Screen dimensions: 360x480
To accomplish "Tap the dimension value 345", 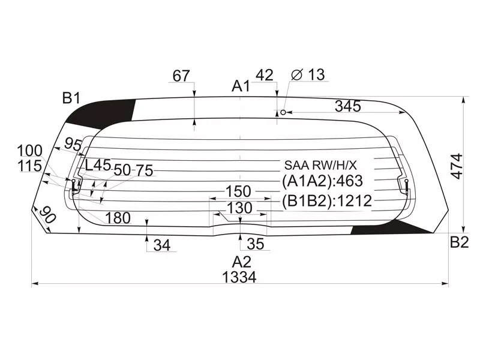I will click(x=348, y=106).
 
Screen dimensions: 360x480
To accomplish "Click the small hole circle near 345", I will click(x=283, y=112).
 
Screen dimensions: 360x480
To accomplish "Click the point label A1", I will click(x=241, y=86).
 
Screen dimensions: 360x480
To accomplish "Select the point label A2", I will click(x=241, y=262).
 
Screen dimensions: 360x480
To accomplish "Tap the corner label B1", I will click(x=71, y=97).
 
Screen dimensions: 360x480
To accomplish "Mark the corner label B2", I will click(x=459, y=242).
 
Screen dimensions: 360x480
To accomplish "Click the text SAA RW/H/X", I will click(x=320, y=164).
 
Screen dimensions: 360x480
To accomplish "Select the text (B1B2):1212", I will click(x=327, y=200).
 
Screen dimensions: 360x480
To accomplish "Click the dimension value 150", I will click(x=238, y=191).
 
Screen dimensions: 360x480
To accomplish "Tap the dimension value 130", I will click(x=239, y=208).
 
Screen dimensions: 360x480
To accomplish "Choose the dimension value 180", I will click(x=118, y=218).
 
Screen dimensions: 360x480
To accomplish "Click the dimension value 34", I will click(x=161, y=245).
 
